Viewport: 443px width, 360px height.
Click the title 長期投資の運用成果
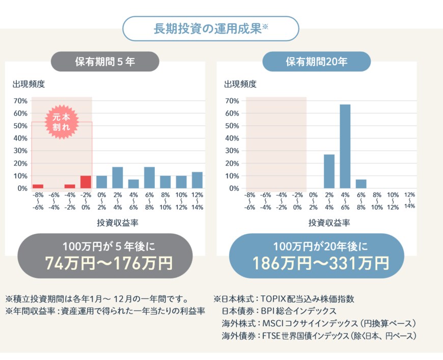coord(208,29)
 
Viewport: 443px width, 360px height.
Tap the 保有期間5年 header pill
coord(105,62)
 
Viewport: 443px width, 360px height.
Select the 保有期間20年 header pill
coord(317,62)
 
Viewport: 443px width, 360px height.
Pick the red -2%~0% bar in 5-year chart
coord(86,182)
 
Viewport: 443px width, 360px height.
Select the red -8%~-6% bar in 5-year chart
coord(38,186)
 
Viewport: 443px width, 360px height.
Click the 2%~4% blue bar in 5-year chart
coord(118,178)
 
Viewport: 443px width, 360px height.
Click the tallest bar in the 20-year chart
coord(345,146)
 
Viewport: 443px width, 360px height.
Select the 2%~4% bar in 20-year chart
coord(329,171)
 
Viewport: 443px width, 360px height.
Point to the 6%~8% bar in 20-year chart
coord(361,184)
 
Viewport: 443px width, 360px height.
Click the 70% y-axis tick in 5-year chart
coord(20,101)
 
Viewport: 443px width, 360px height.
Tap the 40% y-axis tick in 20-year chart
coord(232,139)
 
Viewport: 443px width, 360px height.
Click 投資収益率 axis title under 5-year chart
coord(118,223)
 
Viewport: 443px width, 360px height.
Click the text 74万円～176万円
coord(109,263)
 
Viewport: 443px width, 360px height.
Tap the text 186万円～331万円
coord(321,263)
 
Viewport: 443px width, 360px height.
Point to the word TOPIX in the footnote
coord(276,299)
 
